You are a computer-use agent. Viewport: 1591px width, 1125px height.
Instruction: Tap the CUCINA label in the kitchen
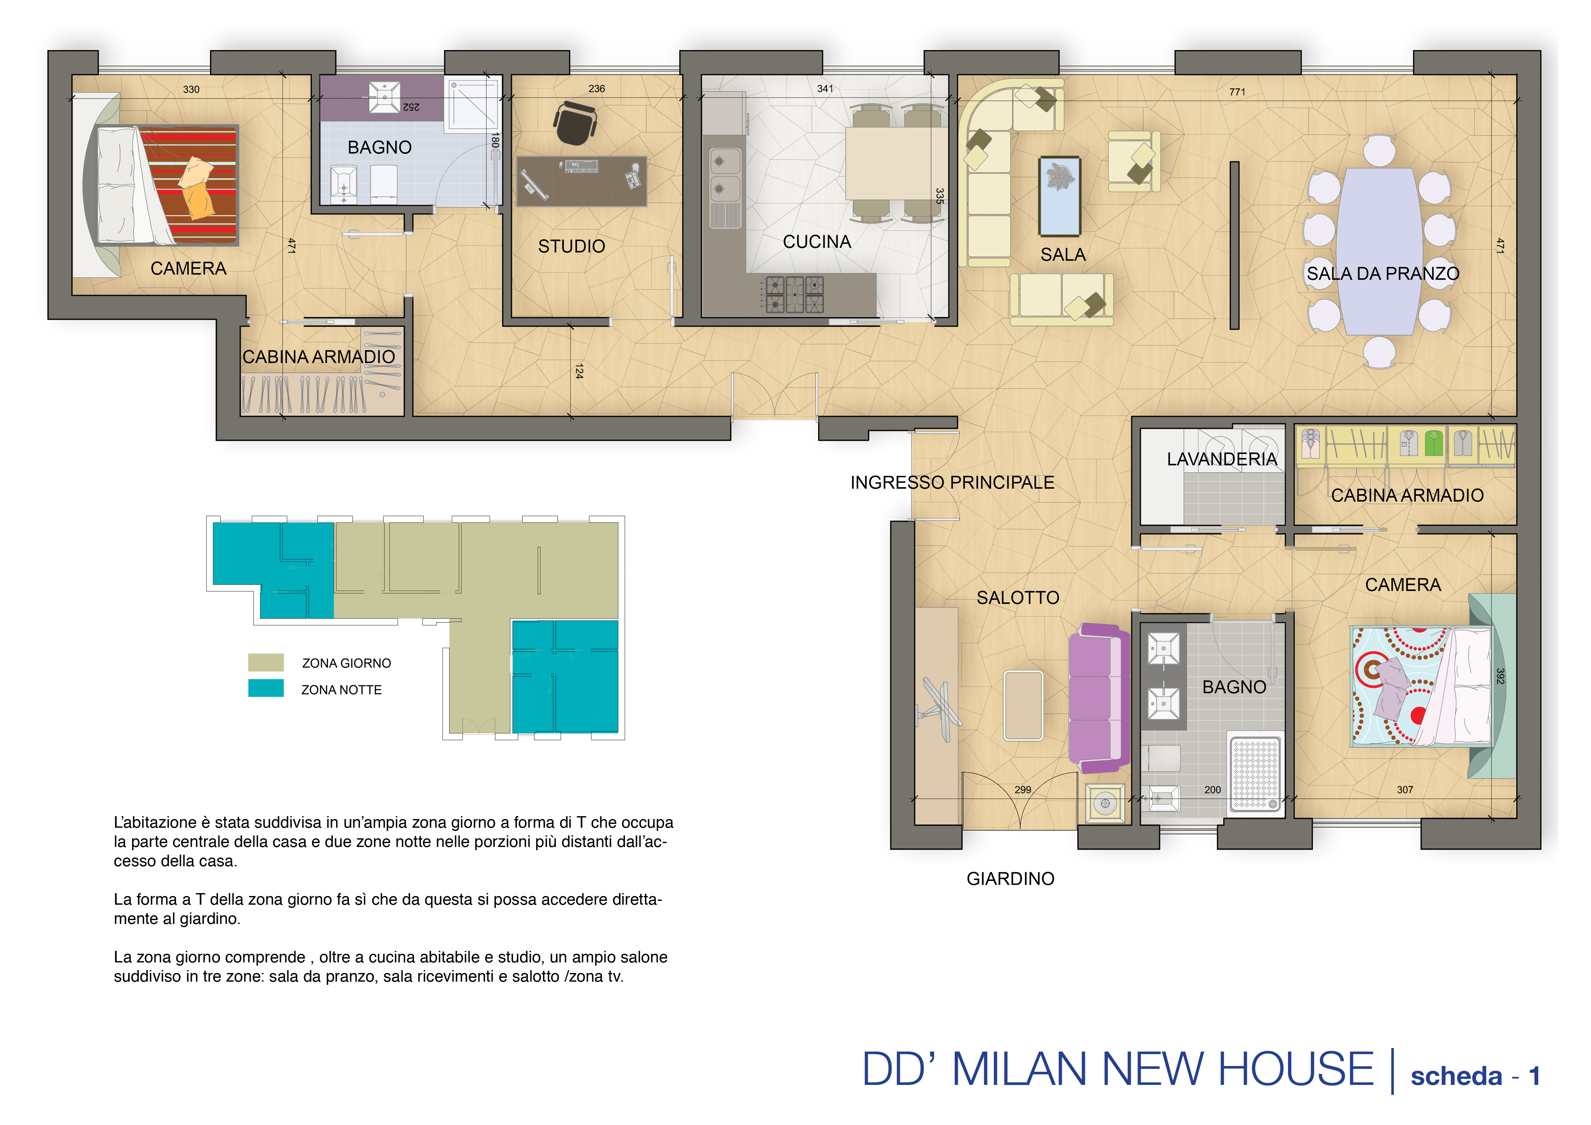tap(817, 242)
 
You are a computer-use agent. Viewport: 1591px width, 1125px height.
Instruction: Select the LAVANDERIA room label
tap(1222, 459)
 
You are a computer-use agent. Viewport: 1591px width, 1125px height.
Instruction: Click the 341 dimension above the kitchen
tap(825, 89)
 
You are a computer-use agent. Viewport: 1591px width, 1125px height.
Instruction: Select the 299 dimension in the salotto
tap(1023, 790)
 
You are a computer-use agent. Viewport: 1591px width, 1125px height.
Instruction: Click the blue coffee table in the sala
tap(1060, 196)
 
